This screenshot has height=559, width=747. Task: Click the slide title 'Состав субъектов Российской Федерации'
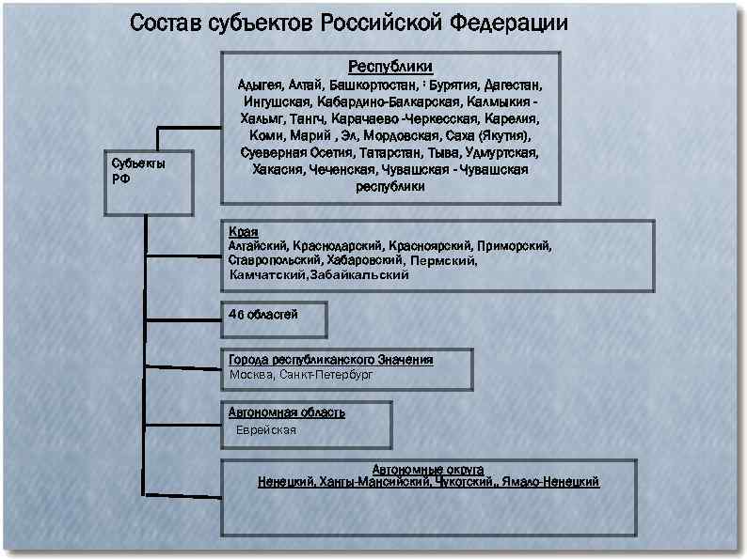pyautogui.click(x=348, y=23)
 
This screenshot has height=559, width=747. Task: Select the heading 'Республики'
pyautogui.click(x=390, y=67)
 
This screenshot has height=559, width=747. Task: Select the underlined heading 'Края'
pyautogui.click(x=244, y=232)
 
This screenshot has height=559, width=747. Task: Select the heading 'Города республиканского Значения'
pyautogui.click(x=331, y=360)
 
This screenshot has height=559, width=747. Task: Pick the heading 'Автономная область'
pyautogui.click(x=287, y=412)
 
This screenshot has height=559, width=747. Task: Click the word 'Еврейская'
pyautogui.click(x=266, y=430)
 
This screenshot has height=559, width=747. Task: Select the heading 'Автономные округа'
pyautogui.click(x=428, y=468)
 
